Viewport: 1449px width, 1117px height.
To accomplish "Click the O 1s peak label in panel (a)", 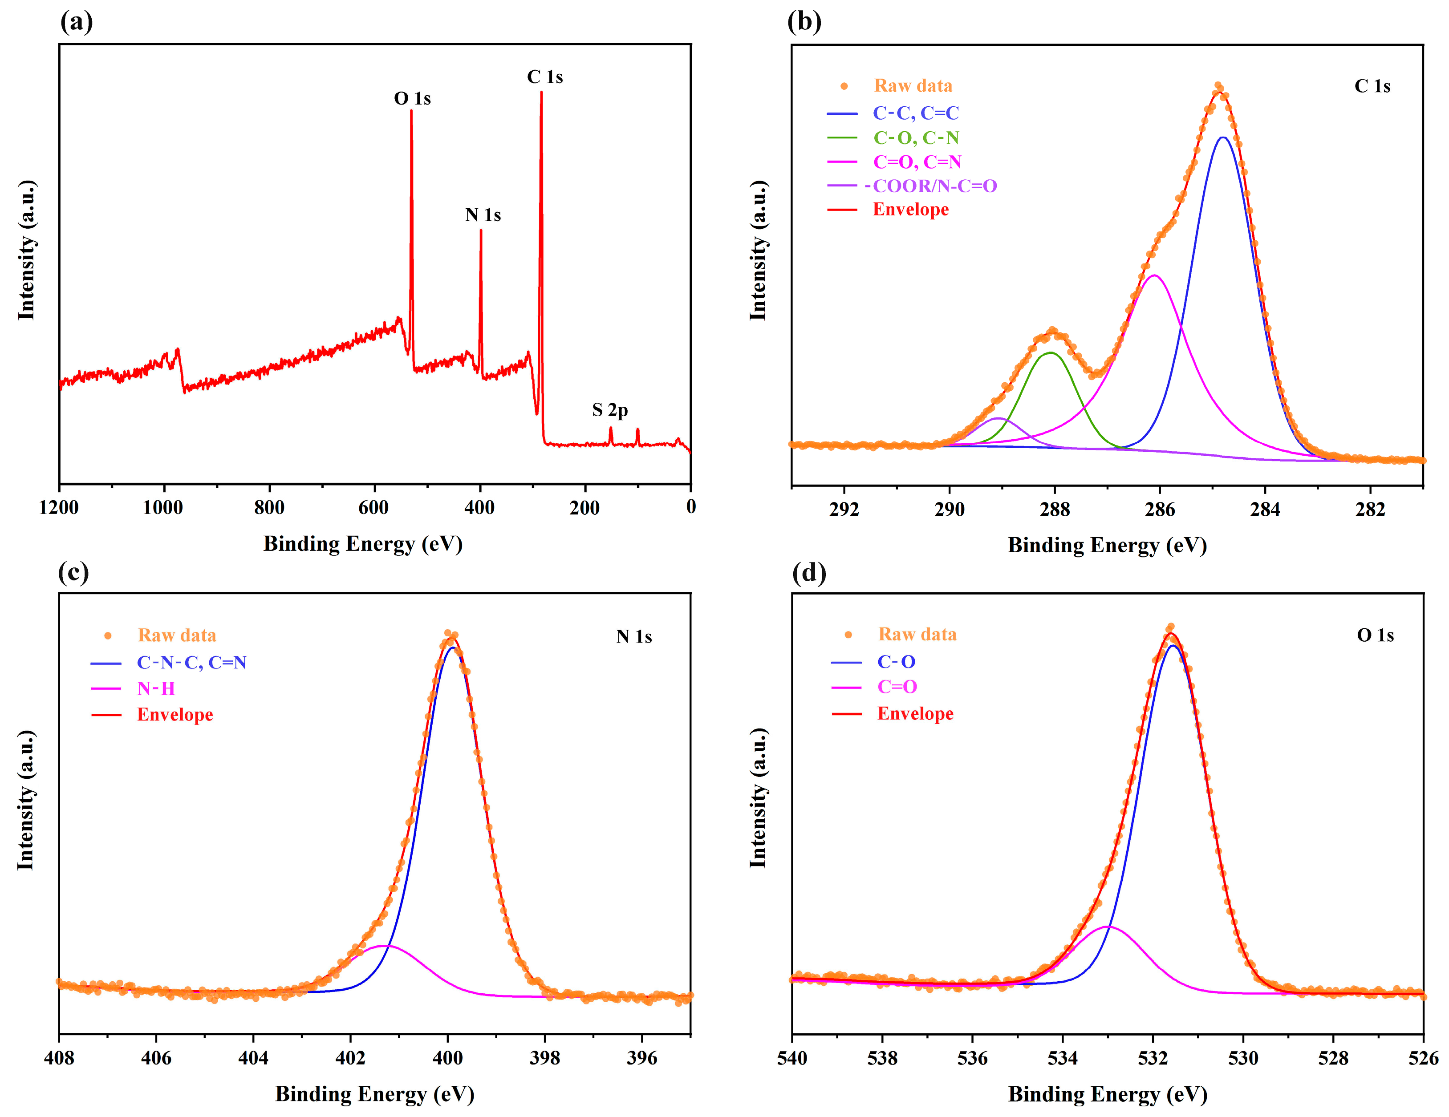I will click(412, 99).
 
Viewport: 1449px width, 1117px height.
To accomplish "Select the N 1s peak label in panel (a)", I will click(483, 215).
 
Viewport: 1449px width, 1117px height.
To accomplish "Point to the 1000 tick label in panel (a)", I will click(163, 508).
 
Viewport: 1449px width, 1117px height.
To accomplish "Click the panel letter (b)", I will click(804, 22).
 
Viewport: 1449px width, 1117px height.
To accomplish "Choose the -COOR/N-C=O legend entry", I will click(931, 186).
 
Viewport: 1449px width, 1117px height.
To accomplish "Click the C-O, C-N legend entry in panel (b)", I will click(916, 138).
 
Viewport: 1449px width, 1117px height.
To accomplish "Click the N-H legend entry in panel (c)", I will click(156, 688).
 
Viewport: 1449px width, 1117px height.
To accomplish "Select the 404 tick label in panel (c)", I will click(253, 1057).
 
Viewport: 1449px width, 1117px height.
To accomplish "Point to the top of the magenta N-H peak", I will click(385, 946).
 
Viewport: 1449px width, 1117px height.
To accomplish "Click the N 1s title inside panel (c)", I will click(633, 637).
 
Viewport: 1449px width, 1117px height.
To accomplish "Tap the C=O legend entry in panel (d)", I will click(897, 687).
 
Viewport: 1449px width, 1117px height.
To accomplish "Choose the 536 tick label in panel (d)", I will click(972, 1057).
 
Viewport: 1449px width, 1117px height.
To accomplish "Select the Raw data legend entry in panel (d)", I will click(917, 634).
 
